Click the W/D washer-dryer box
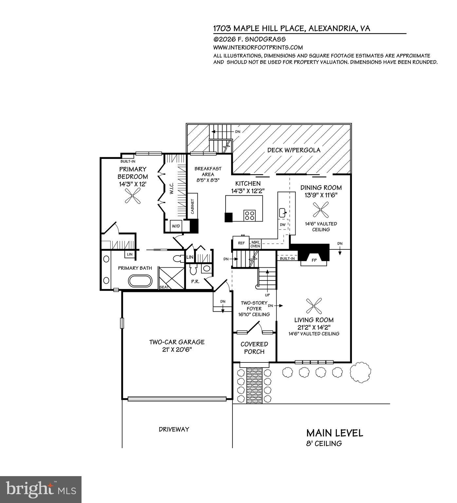tap(176, 226)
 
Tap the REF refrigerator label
tap(241, 243)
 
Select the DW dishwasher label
tap(283, 225)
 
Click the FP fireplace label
tap(314, 261)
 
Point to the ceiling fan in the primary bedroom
tap(133, 198)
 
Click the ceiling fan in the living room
tap(314, 306)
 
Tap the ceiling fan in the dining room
tap(320, 210)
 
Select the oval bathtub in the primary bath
tap(140, 281)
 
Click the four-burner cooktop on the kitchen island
tap(249, 215)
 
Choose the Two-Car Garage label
tap(177, 345)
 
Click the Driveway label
tap(174, 429)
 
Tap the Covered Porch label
tap(254, 348)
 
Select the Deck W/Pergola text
tap(294, 150)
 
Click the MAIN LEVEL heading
tap(335, 433)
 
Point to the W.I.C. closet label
tap(172, 188)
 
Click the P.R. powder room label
tap(195, 281)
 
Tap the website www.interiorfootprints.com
tap(258, 48)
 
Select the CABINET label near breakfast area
tap(192, 206)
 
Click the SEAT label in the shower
tap(164, 287)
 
